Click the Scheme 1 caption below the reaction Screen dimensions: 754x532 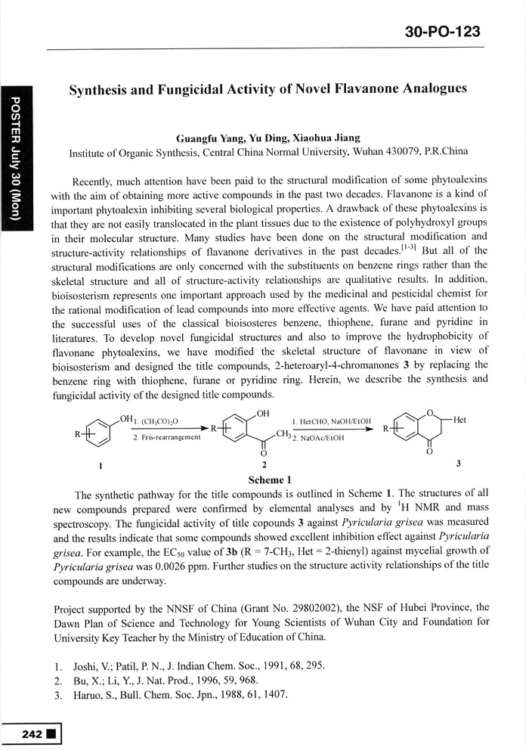click(x=269, y=479)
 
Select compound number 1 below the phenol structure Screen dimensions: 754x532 click(x=101, y=464)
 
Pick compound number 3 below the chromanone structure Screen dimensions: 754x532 click(x=459, y=462)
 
